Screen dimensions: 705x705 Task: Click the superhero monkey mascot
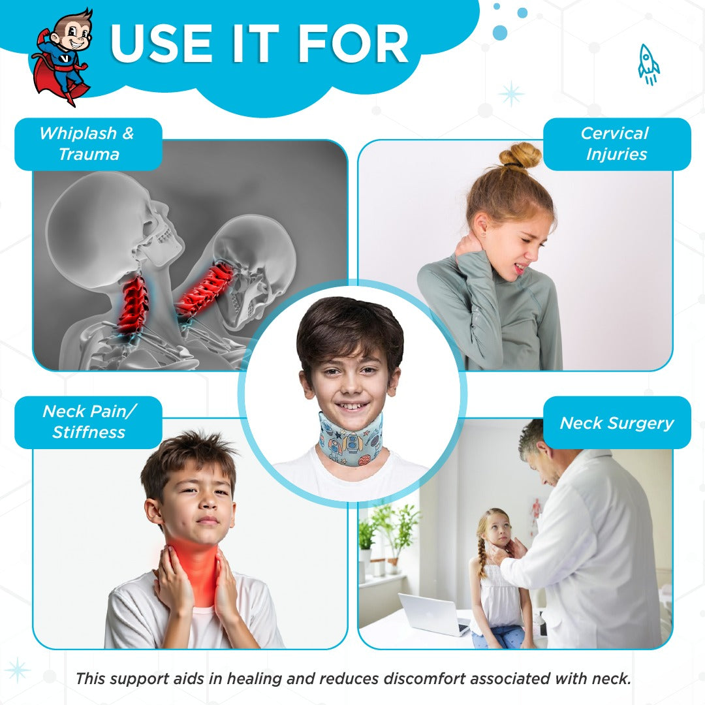coord(63,56)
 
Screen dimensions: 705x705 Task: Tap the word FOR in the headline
coord(353,44)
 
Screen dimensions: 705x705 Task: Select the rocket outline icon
coord(648,64)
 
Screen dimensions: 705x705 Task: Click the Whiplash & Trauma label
coord(88,144)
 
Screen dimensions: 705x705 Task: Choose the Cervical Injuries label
coord(616,144)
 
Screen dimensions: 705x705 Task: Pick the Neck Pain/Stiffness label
coord(88,422)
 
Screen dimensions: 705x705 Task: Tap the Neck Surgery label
coord(616,422)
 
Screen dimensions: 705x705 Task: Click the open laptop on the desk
coord(435,614)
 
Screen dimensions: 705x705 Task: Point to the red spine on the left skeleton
coord(133,305)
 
